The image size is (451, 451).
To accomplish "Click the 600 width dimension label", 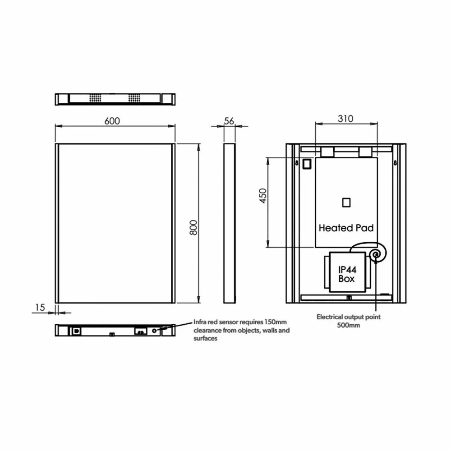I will tap(112, 120).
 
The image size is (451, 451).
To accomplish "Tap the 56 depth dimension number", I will tap(229, 120).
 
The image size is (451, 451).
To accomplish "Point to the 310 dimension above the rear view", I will tap(345, 119).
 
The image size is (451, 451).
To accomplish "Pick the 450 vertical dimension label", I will tap(263, 196).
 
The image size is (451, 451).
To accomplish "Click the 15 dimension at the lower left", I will tap(40, 307).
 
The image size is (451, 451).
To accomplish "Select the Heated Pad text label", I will tap(346, 228).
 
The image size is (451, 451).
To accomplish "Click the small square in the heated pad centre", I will tap(346, 202).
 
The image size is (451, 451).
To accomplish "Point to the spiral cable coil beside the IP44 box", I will tap(375, 255).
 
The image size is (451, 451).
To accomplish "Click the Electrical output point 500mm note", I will tap(348, 321).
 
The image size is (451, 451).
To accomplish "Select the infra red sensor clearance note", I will tap(241, 330).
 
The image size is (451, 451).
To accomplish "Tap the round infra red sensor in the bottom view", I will tap(155, 331).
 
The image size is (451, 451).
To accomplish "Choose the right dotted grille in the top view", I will tap(134, 98).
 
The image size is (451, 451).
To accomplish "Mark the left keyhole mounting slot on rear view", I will tap(297, 163).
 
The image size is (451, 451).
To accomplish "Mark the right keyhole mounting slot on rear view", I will tap(395, 163).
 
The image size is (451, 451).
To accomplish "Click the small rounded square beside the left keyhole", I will tap(307, 164).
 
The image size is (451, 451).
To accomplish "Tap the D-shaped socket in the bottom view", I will tap(76, 331).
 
